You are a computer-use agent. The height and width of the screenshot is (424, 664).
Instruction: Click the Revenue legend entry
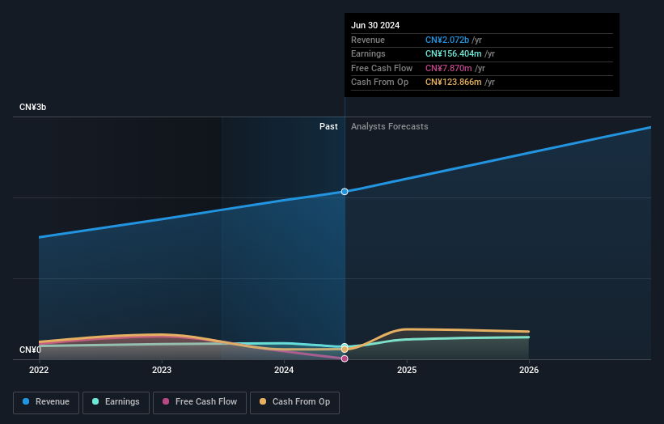click(x=46, y=402)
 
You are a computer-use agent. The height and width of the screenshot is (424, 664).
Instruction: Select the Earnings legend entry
click(x=116, y=402)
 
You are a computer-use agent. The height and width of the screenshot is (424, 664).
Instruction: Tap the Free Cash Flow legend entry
click(x=199, y=402)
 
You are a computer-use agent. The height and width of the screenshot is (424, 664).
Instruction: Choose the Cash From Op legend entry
click(x=294, y=402)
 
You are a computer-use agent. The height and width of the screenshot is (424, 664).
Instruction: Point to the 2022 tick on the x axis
click(x=39, y=370)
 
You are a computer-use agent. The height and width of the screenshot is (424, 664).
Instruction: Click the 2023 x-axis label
click(x=162, y=370)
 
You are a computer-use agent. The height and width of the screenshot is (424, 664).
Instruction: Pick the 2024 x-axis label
click(x=284, y=370)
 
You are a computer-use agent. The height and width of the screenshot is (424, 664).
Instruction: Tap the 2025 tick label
click(x=407, y=370)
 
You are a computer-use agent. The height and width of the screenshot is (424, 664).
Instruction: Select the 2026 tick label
click(x=529, y=370)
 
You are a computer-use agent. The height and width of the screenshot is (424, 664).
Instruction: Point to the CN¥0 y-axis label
click(x=29, y=350)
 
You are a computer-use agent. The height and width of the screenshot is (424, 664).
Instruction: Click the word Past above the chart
click(x=328, y=126)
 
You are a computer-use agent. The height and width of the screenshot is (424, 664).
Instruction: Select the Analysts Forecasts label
click(x=389, y=126)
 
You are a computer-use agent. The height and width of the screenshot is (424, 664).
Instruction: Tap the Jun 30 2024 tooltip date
click(x=375, y=25)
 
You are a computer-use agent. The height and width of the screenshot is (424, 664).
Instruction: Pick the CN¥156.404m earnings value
click(x=455, y=54)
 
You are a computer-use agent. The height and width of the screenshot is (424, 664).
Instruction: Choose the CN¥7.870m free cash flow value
click(x=449, y=68)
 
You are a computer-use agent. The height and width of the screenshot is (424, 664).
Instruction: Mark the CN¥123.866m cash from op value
click(x=455, y=83)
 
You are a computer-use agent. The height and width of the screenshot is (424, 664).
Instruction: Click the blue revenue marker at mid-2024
click(x=345, y=192)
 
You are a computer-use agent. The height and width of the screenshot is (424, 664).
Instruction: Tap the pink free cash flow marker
click(x=345, y=358)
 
